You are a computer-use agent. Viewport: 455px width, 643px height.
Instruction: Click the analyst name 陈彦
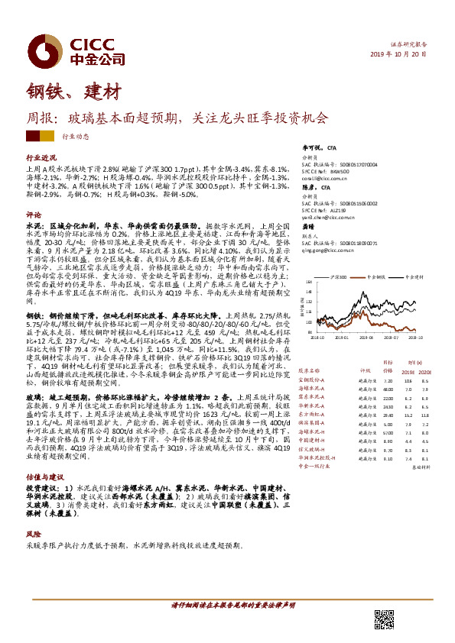coord(308,187)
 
